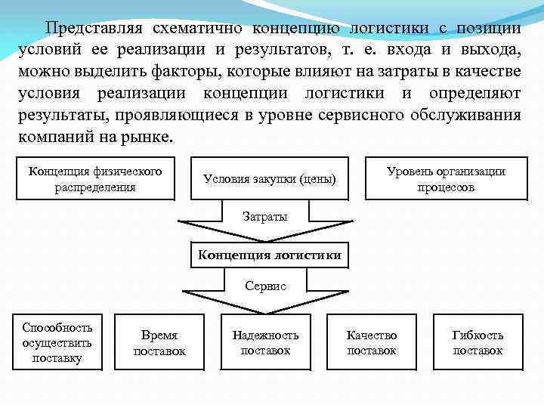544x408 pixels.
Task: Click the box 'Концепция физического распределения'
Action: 95,178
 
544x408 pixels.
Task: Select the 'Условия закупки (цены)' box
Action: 269,179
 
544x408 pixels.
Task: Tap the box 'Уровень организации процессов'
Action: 446,178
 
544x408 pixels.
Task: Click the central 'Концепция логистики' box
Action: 270,255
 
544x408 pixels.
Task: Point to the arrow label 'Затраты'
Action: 264,217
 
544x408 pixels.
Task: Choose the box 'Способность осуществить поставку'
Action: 57,342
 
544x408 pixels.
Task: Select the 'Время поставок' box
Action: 159,342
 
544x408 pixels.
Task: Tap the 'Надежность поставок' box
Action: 265,342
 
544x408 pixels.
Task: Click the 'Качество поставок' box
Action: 371,342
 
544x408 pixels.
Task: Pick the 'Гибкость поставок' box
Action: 478,342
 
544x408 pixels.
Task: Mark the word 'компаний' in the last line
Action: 51,138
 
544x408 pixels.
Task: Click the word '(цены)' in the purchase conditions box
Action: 317,179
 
